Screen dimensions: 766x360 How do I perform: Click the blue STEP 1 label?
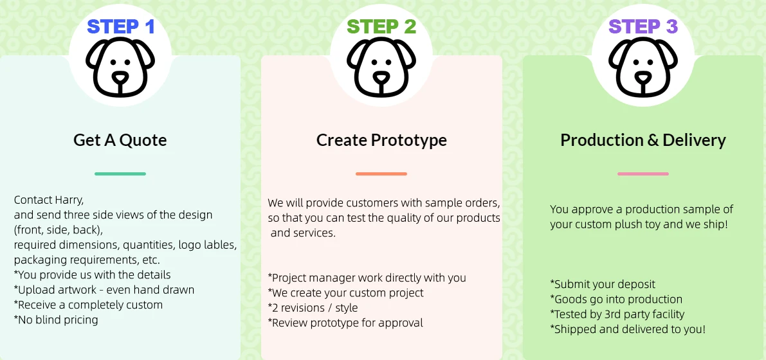pos(121,26)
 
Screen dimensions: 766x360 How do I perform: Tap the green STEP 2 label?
pos(381,26)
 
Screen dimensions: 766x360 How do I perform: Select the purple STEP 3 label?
pos(643,26)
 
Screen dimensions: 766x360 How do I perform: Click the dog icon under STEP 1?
pos(120,66)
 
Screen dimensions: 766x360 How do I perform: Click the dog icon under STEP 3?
pos(643,66)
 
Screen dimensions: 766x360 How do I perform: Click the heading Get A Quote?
pos(120,140)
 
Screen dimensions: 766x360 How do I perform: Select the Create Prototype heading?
pos(381,140)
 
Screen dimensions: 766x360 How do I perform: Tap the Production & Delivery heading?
pos(643,140)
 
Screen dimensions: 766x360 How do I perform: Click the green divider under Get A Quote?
pos(120,174)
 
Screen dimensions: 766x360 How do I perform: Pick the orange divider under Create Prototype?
pos(381,174)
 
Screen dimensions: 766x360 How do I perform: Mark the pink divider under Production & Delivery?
pos(643,174)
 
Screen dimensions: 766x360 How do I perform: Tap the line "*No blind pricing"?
pos(56,320)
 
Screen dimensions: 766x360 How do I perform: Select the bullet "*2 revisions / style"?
pos(313,308)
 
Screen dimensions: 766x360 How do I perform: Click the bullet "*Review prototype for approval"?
pos(345,323)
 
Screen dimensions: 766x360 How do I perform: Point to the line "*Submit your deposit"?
pos(603,284)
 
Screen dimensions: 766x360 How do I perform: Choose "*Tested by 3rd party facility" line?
pos(617,314)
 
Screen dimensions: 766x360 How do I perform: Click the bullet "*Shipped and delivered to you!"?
pos(628,329)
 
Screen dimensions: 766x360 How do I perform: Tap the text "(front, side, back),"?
pos(62,230)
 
